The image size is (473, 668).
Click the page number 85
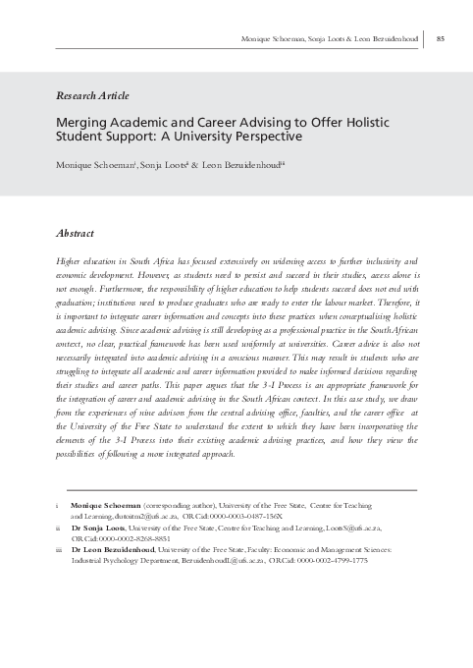coord(441,38)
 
